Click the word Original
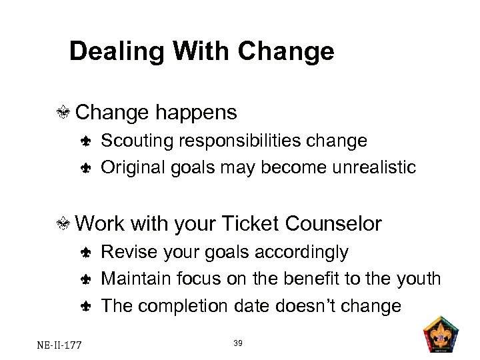[x=131, y=167]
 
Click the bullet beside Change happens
[x=65, y=113]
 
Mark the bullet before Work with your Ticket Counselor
[x=65, y=224]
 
